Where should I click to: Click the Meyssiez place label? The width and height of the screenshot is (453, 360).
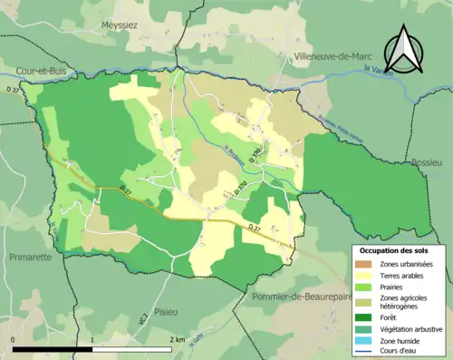coord(119,25)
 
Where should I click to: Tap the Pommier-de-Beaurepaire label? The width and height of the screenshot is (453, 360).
coord(294,296)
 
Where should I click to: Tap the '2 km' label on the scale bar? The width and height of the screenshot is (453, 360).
coord(177,340)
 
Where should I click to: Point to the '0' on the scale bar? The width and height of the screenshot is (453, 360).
coord(13,340)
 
